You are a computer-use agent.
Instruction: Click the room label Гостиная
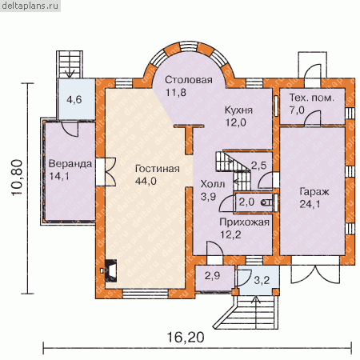158,169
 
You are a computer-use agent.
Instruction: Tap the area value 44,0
146,182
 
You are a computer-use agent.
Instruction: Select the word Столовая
189,80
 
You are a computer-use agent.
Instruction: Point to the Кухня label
238,110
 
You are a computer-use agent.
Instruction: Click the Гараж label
314,192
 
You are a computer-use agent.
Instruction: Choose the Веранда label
70,164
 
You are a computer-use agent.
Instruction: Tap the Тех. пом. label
312,98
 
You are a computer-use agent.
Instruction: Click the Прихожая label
245,222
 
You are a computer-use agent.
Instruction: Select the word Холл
213,184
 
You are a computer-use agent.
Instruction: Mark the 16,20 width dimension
186,337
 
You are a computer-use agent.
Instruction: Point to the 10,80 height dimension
17,178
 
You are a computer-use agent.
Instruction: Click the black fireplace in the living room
111,270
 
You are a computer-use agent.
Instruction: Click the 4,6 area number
74,100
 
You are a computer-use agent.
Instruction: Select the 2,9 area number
212,276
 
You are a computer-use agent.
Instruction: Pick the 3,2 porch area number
262,280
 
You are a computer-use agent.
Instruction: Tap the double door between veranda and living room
106,172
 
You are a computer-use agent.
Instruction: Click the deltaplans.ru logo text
30,6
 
